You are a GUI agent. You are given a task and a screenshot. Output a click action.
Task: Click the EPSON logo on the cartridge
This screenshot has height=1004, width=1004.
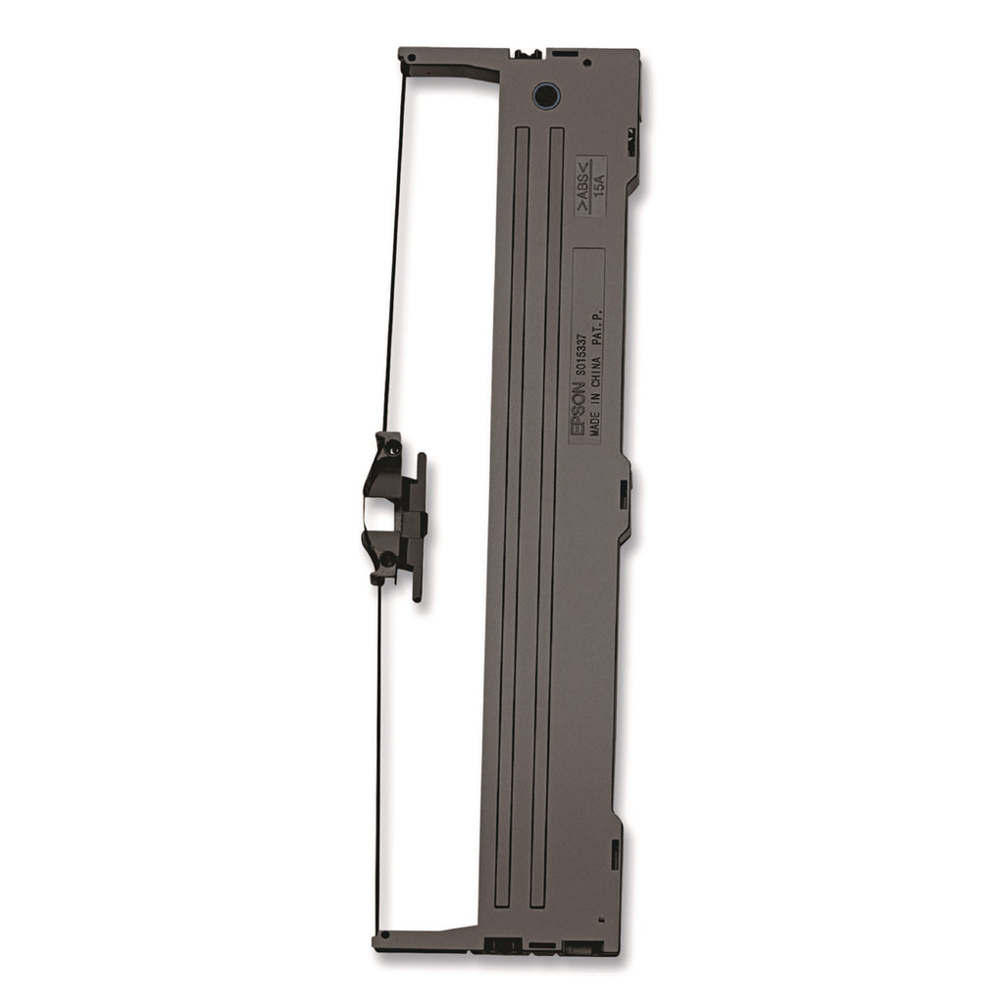(x=577, y=408)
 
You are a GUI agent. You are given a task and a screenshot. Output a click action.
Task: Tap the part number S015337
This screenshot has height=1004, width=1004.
(x=581, y=352)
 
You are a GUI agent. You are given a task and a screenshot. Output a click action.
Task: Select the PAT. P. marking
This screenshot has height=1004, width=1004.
(x=597, y=328)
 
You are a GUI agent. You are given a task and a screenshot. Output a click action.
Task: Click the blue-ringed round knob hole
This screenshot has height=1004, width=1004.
(x=546, y=96)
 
